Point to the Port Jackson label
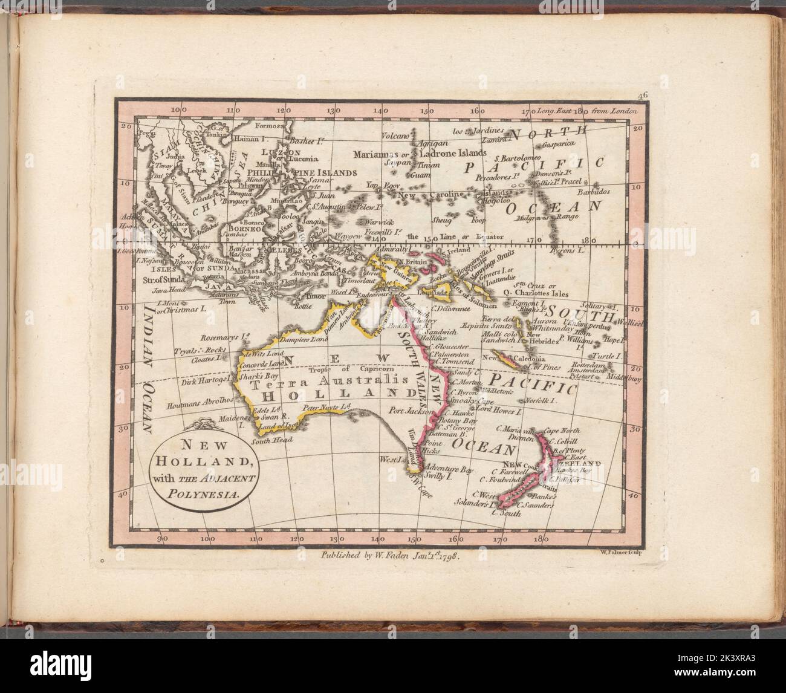coord(412,410)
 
